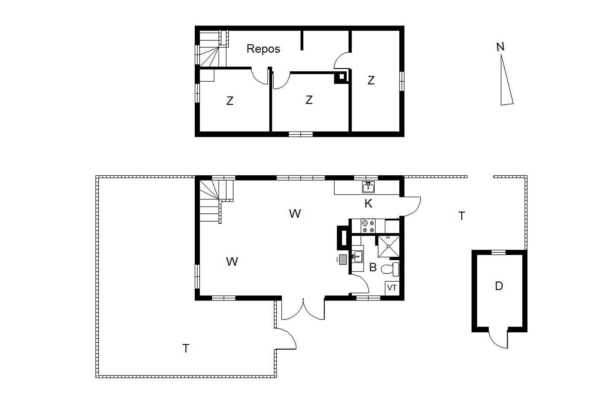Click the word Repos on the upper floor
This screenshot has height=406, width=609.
point(263,49)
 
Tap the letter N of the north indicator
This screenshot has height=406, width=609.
point(500,47)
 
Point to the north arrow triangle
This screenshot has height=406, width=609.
point(506,80)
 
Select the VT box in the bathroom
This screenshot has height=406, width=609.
point(392,288)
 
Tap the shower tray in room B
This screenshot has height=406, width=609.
point(388,246)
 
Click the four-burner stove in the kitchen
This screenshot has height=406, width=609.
point(368,226)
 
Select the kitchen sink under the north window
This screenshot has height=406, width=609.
point(368,187)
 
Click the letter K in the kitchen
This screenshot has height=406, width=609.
point(368,204)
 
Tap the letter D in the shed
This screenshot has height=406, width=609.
point(499,286)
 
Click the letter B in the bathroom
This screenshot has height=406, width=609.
point(373,267)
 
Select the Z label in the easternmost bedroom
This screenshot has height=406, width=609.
point(371,81)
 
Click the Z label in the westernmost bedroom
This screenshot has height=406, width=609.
point(230,101)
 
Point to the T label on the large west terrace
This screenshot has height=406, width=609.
point(186,348)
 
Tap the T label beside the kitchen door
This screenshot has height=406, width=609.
point(461,216)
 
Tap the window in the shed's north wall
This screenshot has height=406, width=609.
point(499,252)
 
